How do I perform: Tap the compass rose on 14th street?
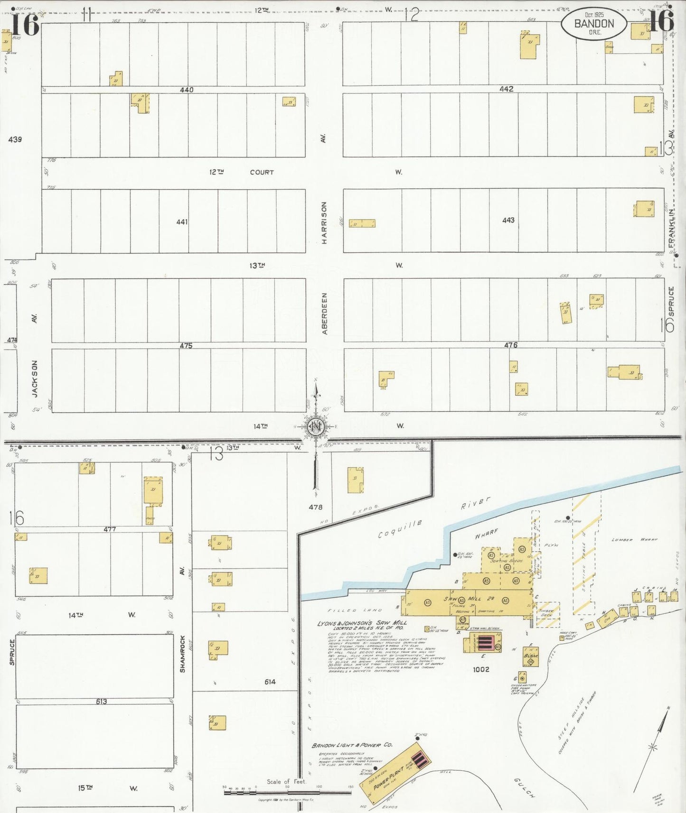tap(315, 426)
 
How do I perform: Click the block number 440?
tap(187, 90)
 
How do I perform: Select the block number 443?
tap(508, 220)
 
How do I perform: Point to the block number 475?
tap(186, 346)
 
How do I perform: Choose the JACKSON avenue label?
tap(34, 378)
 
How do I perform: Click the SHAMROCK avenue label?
tap(182, 654)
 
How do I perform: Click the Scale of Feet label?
tap(286, 781)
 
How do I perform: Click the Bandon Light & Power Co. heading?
tap(352, 745)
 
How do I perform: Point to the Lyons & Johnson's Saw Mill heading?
tap(362, 623)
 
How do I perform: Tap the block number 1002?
tap(481, 669)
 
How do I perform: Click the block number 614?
tap(270, 682)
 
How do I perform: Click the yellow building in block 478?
tap(355, 480)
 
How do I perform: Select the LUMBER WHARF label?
tap(629, 540)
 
